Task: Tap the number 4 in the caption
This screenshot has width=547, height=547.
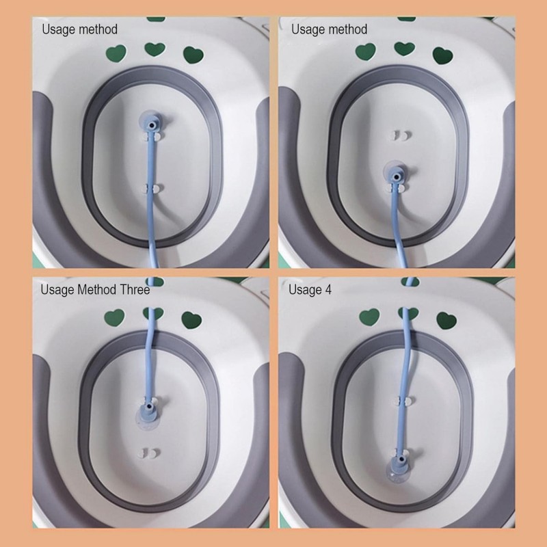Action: click(x=328, y=289)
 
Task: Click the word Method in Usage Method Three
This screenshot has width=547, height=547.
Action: click(x=97, y=289)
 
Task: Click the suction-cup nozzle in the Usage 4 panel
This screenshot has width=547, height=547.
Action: click(x=397, y=468)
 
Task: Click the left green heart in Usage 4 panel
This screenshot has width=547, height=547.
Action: click(x=369, y=317)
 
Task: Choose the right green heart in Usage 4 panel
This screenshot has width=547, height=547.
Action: click(x=446, y=320)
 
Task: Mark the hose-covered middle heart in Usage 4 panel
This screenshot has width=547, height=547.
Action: click(x=408, y=314)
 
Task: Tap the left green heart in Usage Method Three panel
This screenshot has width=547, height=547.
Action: click(x=114, y=317)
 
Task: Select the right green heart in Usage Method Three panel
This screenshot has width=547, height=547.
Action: click(x=191, y=320)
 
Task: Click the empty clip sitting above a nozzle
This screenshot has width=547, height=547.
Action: click(x=401, y=135)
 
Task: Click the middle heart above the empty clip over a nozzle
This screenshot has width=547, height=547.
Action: click(x=405, y=49)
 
